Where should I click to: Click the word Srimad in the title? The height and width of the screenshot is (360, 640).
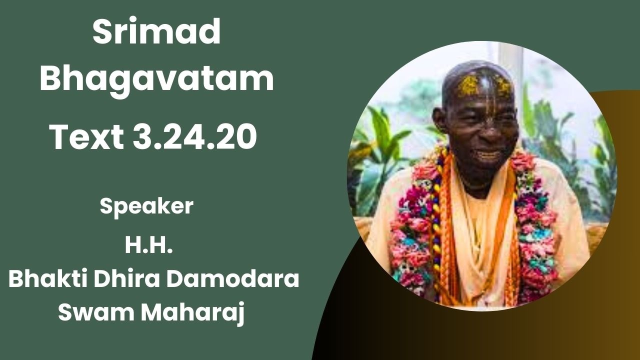156,33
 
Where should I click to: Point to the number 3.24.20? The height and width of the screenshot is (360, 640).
195,136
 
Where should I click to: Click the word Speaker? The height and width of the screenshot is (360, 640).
146,206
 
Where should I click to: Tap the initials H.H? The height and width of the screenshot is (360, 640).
149,246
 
